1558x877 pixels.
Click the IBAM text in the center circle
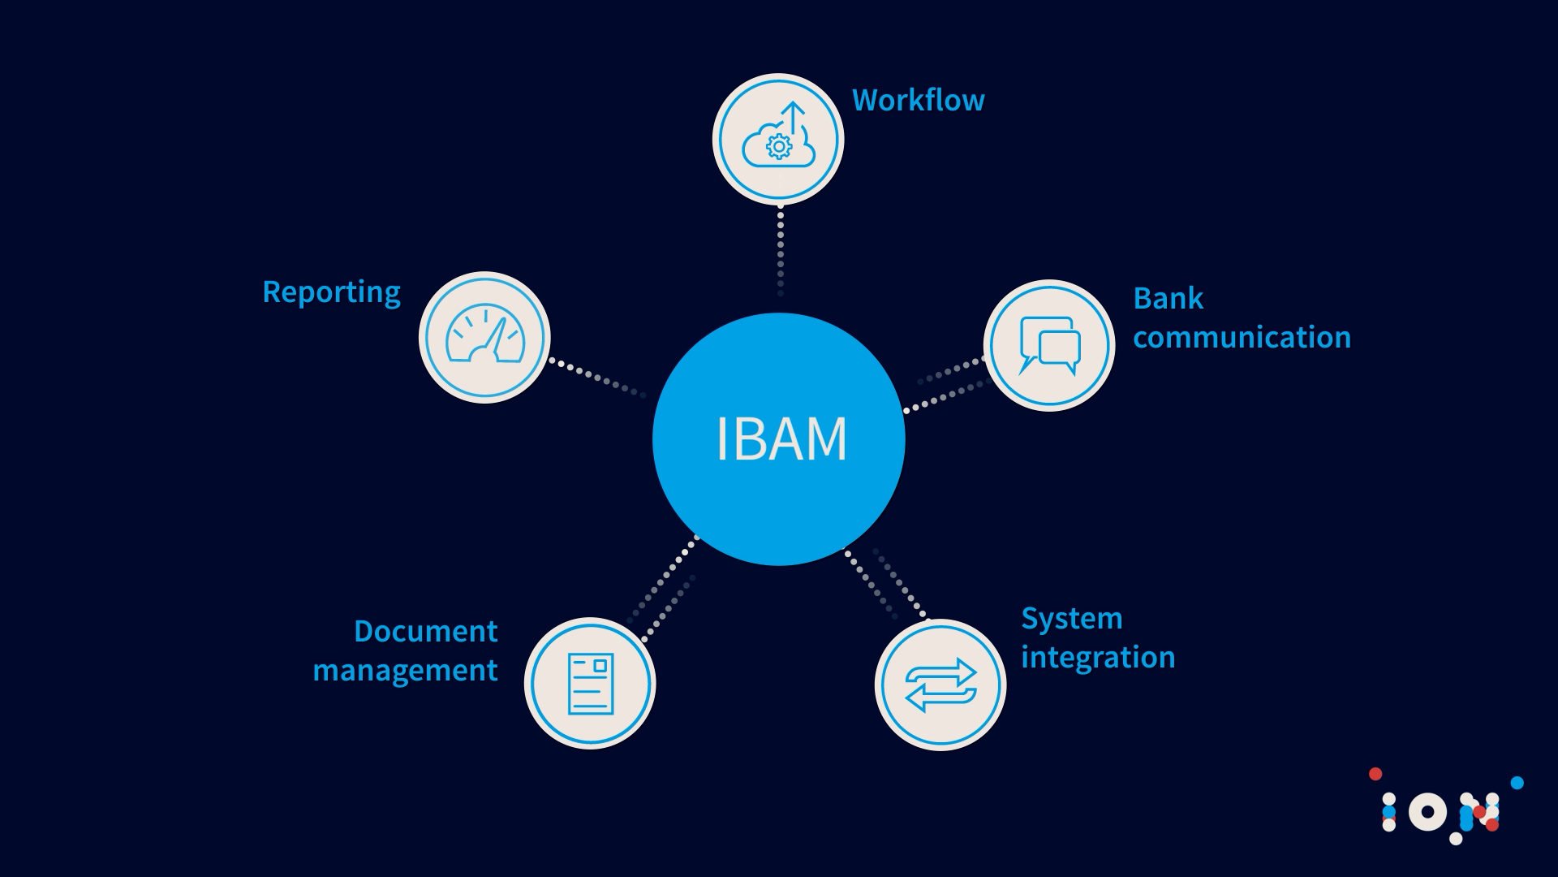[781, 439]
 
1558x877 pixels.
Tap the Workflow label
[919, 101]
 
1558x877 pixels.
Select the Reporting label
[331, 292]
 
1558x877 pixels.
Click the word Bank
[1168, 298]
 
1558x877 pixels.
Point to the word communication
[1242, 337]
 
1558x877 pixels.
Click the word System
[1072, 619]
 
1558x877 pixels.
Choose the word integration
[1098, 658]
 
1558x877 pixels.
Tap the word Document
[425, 632]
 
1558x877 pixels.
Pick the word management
[405, 671]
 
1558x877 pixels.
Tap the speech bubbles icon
[1050, 345]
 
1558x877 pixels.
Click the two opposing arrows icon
[940, 685]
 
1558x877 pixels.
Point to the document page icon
[591, 684]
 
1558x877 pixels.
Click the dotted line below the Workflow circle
[781, 249]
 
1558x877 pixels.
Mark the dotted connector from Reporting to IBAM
[597, 378]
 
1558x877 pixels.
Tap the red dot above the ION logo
[1375, 774]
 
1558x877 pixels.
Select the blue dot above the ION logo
[1517, 783]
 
